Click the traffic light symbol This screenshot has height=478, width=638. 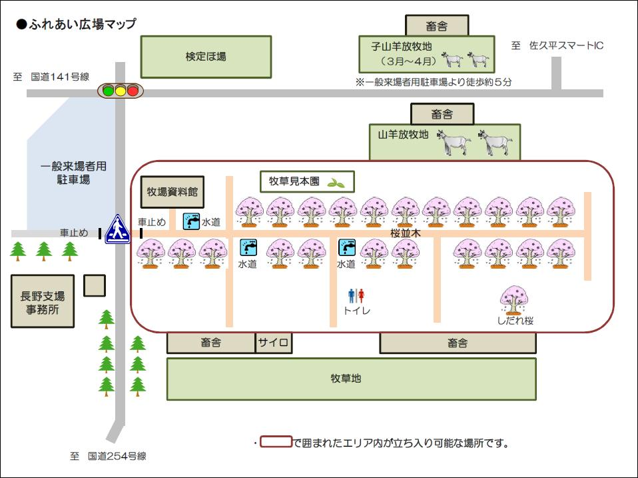click(x=120, y=90)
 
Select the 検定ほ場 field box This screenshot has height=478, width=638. click(x=206, y=57)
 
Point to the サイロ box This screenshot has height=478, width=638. click(x=273, y=343)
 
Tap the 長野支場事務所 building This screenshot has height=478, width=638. click(x=42, y=302)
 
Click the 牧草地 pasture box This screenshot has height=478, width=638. click(x=351, y=378)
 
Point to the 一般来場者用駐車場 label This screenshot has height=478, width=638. click(x=73, y=173)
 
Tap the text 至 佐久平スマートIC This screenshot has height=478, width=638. click(x=557, y=45)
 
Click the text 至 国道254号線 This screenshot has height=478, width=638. click(x=108, y=456)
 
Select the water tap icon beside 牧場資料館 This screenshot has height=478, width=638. click(x=191, y=221)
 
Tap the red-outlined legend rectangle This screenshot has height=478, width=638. click(x=276, y=442)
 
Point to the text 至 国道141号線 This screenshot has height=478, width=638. click(x=51, y=77)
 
